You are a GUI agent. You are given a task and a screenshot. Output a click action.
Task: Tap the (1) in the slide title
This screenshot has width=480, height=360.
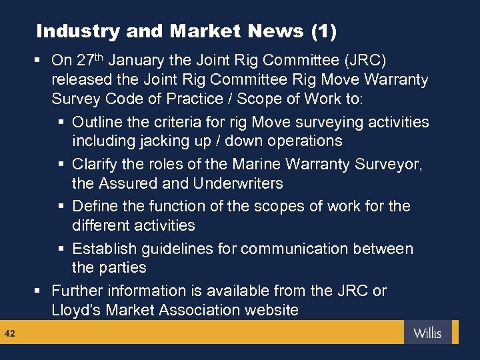tap(323, 31)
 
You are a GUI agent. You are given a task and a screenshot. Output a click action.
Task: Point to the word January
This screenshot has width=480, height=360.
tap(136, 61)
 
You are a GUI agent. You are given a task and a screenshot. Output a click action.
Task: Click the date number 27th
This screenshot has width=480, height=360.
tap(90, 60)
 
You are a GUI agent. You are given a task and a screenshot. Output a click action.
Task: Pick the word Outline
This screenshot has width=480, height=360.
tap(97, 122)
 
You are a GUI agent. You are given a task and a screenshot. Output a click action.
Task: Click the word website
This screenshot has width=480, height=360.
tap(270, 310)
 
